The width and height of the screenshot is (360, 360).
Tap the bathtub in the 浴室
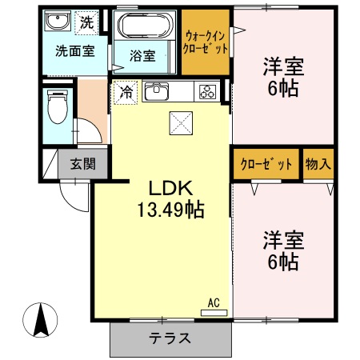146,26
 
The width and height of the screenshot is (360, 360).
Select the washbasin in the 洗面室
56,22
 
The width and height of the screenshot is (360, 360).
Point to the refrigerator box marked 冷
126,93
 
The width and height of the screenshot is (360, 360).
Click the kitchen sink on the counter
156,92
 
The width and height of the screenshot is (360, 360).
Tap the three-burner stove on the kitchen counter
207,92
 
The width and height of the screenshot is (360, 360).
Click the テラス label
170,338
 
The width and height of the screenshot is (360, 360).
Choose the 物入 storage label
318,165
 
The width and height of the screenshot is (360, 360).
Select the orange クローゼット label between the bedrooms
266,165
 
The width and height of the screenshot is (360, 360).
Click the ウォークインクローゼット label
206,42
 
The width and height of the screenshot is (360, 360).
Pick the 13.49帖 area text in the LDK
170,211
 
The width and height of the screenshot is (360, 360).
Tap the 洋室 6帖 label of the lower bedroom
282,250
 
